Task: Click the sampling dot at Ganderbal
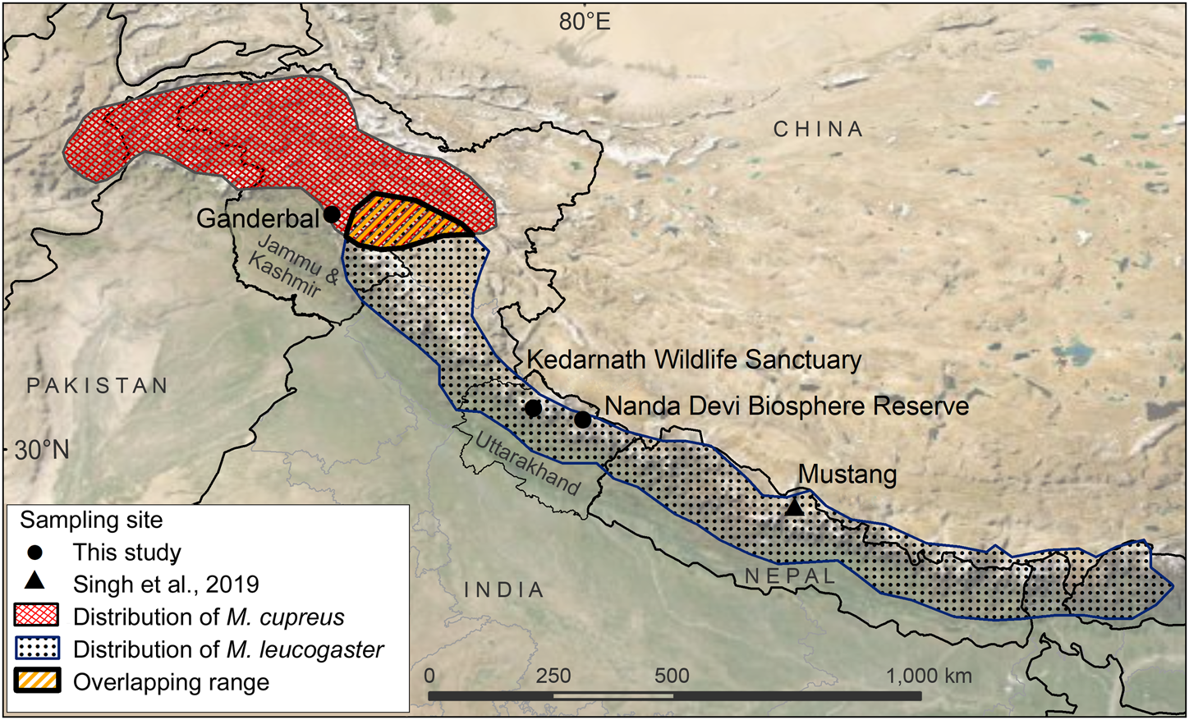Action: coord(332,214)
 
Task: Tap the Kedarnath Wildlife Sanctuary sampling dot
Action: coord(533,408)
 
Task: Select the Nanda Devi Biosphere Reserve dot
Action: coord(582,420)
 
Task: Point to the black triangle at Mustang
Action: coord(793,508)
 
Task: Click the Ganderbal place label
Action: coord(257,218)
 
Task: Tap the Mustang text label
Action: coord(847,475)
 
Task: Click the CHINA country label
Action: coord(818,130)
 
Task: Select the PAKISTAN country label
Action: coord(98,386)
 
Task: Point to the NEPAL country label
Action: coord(789,576)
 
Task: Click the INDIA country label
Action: coord(504,589)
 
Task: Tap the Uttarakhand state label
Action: coord(528,463)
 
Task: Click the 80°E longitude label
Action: coord(585,22)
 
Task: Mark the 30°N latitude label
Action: coord(41,450)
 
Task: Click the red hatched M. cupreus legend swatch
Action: coord(37,617)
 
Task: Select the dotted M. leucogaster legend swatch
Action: coord(37,649)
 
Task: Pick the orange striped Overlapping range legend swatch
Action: coord(37,682)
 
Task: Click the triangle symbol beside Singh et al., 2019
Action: coord(34,582)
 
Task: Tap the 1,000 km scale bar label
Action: coord(929,676)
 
